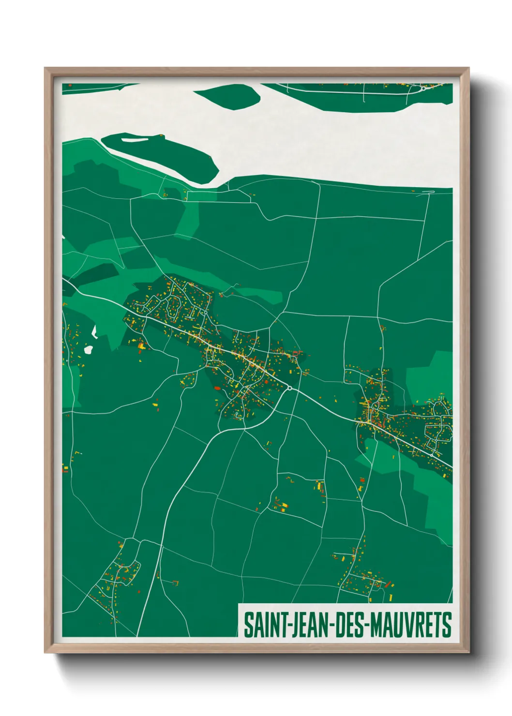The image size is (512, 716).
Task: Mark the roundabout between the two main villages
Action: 289,388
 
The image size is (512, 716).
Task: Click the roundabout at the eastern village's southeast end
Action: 431,455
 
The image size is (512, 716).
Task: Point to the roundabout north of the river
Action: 423,89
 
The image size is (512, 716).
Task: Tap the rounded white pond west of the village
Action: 89,349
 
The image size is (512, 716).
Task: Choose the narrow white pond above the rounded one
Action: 95,331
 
